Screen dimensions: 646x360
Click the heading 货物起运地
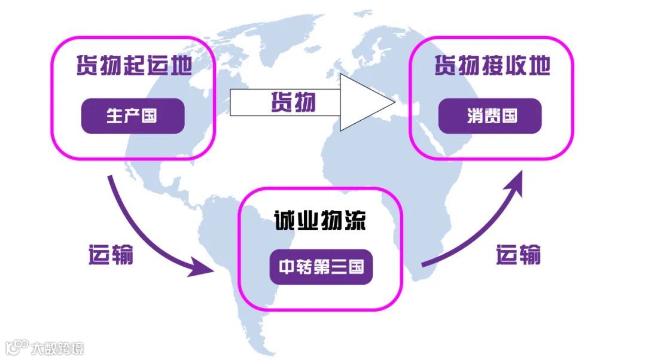point(133,66)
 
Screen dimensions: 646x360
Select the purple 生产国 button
point(132,115)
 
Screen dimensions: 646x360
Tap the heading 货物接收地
point(492,66)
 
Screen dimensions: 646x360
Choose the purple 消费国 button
point(490,115)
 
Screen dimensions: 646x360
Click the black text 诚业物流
point(320,221)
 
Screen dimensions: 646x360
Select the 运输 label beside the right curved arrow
point(518,255)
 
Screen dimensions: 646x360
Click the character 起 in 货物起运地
point(133,66)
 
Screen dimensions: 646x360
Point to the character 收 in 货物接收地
point(514,66)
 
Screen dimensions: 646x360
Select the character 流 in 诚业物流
point(354,221)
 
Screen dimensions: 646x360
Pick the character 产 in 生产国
point(132,115)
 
